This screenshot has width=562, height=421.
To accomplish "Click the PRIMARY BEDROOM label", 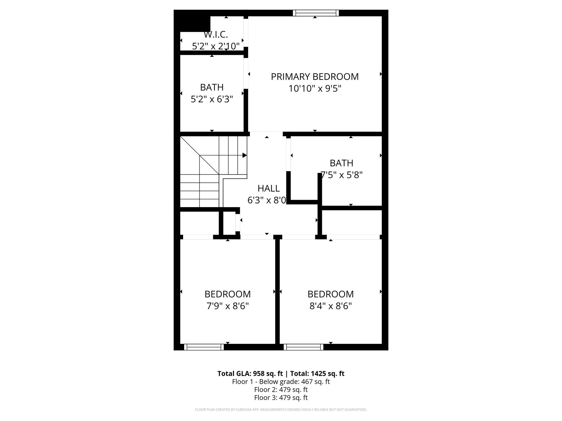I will pyautogui.click(x=315, y=77).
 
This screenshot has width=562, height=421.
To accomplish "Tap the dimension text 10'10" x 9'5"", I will pyautogui.click(x=315, y=89).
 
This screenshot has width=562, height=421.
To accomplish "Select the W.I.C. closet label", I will pyautogui.click(x=216, y=35).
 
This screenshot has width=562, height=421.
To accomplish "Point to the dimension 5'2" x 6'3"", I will pyautogui.click(x=212, y=99).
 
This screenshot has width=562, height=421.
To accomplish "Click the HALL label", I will pyautogui.click(x=269, y=189).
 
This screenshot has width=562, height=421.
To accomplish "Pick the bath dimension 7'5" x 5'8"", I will pyautogui.click(x=342, y=175).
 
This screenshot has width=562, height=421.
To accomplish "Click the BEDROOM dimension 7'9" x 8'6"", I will pyautogui.click(x=227, y=306).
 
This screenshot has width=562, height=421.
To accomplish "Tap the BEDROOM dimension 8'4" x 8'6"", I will pyautogui.click(x=331, y=306).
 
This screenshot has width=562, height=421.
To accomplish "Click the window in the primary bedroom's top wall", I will pyautogui.click(x=316, y=13).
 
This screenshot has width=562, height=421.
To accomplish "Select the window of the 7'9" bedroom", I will pyautogui.click(x=204, y=347).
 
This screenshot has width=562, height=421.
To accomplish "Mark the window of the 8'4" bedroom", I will pyautogui.click(x=304, y=347).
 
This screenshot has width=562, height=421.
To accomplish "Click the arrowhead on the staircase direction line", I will pyautogui.click(x=245, y=155).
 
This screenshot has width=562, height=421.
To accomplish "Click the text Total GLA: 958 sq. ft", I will pyautogui.click(x=250, y=374).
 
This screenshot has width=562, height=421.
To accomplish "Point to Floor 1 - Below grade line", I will pyautogui.click(x=281, y=382).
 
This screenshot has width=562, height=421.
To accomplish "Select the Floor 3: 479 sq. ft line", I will pyautogui.click(x=281, y=398).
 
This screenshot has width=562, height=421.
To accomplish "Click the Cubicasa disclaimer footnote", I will pyautogui.click(x=281, y=410).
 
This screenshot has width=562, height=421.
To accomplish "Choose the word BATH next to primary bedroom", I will pyautogui.click(x=212, y=87).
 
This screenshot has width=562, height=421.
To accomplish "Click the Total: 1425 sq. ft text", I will pyautogui.click(x=317, y=374).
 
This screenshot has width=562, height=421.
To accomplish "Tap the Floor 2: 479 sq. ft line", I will pyautogui.click(x=281, y=389).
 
